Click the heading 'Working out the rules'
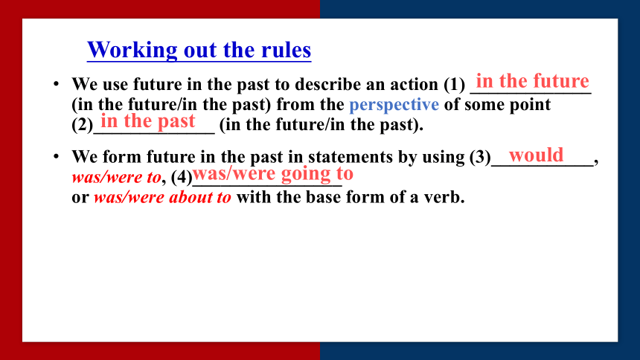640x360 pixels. click(x=199, y=50)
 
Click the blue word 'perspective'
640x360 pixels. click(x=394, y=105)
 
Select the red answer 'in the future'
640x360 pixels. click(x=533, y=81)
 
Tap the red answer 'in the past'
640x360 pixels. click(x=148, y=121)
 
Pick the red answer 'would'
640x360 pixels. click(x=536, y=155)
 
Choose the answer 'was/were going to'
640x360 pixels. click(x=272, y=174)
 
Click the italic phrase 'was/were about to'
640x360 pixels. click(x=162, y=198)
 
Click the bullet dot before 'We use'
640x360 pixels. click(x=57, y=84)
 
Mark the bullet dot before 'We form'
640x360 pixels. click(x=57, y=157)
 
